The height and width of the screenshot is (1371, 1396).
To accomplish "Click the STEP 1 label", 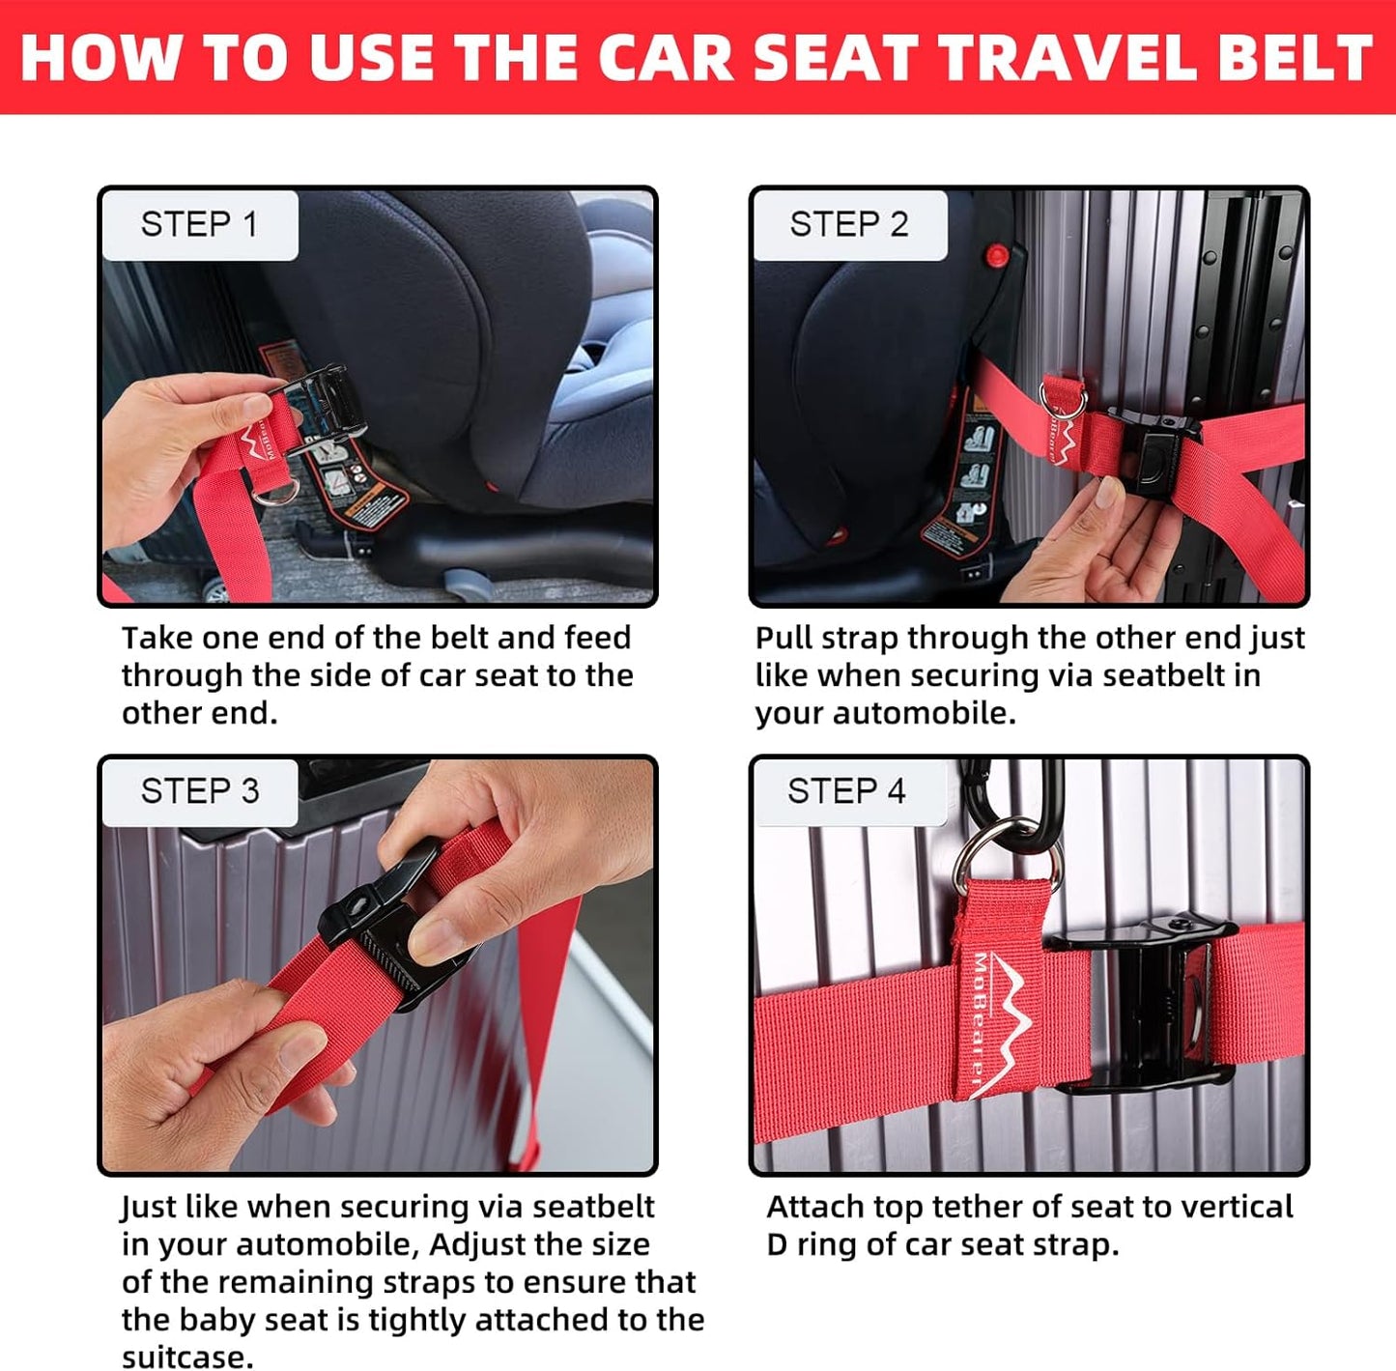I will click(x=199, y=224).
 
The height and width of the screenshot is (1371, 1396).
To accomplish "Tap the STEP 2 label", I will click(x=848, y=224).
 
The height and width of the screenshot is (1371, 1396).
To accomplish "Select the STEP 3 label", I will click(x=199, y=791).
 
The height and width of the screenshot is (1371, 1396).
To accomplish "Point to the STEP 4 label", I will click(x=846, y=791).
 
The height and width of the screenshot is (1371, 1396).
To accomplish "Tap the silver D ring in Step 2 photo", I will click(x=1063, y=396).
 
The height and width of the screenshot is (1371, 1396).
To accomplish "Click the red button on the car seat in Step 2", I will click(x=995, y=257).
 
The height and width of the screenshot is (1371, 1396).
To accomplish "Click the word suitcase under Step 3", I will click(x=186, y=1356).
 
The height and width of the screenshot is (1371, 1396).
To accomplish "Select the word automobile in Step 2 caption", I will click(x=922, y=713).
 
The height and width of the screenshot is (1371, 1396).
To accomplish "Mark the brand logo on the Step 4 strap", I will click(x=995, y=1024).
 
